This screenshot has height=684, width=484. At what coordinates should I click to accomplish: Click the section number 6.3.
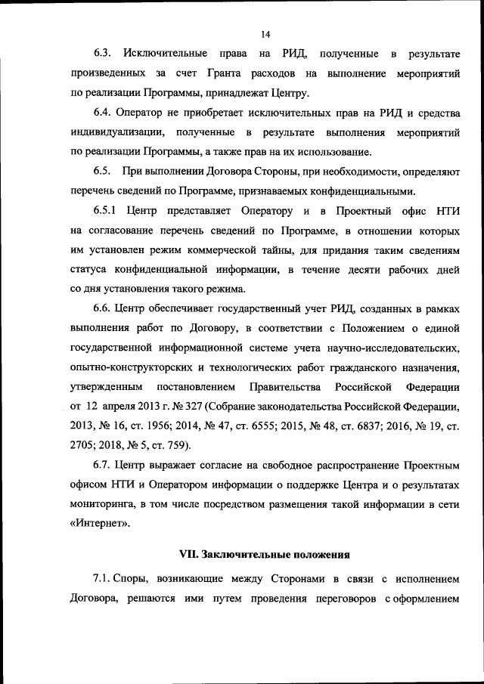104,54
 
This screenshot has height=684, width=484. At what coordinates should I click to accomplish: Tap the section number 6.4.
104,113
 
